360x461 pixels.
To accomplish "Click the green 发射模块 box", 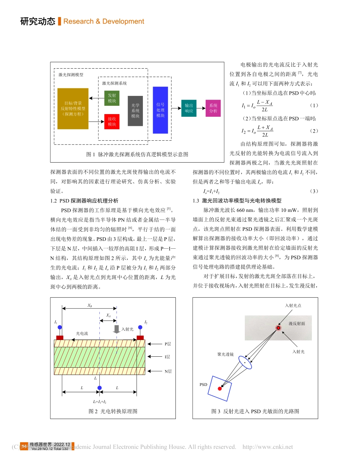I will click(112, 98).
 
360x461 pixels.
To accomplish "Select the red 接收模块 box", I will click(112, 122).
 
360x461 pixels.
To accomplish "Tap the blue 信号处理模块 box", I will click(160, 110).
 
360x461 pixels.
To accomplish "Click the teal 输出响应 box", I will click(189, 108).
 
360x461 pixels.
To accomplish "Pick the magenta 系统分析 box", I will click(213, 108).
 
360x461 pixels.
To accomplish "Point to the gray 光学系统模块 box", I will click(135, 111).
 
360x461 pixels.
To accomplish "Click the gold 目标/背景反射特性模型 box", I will click(73, 108).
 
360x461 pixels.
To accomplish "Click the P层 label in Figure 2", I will click(167, 344).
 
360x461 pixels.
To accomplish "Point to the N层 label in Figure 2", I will click(168, 372).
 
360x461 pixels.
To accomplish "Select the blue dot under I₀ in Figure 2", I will click(99, 387).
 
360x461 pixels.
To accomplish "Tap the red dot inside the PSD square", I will click(219, 389).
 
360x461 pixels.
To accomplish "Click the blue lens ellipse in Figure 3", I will click(245, 363).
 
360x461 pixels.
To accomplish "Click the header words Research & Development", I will click(103, 22).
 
